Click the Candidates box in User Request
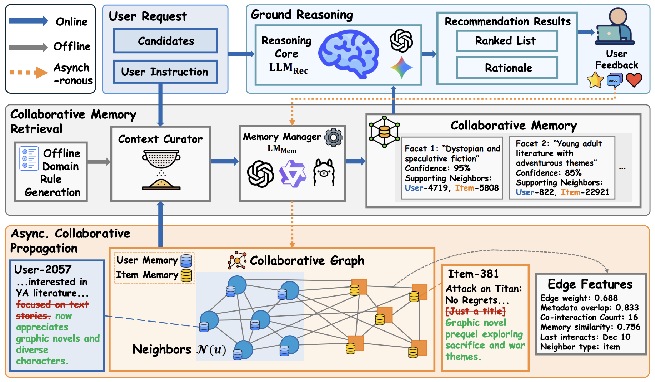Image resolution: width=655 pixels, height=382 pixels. pyautogui.click(x=165, y=41)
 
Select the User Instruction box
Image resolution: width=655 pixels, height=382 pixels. pyautogui.click(x=165, y=72)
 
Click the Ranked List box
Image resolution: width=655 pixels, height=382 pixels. pyautogui.click(x=506, y=41)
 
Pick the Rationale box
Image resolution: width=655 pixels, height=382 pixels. pyautogui.click(x=507, y=68)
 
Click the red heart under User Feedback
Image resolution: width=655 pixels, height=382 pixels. pyautogui.click(x=634, y=80)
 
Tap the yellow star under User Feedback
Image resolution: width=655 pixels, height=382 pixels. pyautogui.click(x=595, y=80)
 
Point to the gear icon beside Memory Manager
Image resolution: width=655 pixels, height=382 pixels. pyautogui.click(x=334, y=137)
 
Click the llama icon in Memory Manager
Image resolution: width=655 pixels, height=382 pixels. pyautogui.click(x=324, y=173)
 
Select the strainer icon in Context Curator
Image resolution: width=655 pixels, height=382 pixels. pyautogui.click(x=161, y=159)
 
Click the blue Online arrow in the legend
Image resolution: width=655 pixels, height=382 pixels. pyautogui.click(x=28, y=21)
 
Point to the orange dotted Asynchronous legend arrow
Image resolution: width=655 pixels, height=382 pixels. pyautogui.click(x=29, y=73)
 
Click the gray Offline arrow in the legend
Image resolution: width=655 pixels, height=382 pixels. pyautogui.click(x=28, y=47)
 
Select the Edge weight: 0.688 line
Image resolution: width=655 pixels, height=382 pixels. pyautogui.click(x=579, y=298)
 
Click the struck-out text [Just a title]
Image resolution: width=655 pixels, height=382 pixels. pyautogui.click(x=475, y=311)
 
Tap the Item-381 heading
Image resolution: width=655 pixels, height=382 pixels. pyautogui.click(x=473, y=274)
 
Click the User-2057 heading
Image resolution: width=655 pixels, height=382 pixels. pyautogui.click(x=43, y=269)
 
